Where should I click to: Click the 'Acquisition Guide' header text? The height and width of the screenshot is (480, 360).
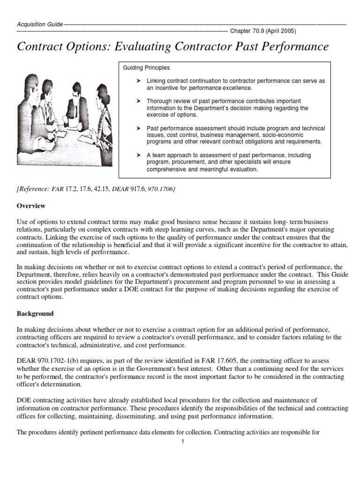coord(39,23)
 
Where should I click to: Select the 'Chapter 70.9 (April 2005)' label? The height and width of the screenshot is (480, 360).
coord(262,31)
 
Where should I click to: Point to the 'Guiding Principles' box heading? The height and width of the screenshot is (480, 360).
coord(146,68)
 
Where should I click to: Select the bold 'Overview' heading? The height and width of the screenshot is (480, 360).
coord(31,205)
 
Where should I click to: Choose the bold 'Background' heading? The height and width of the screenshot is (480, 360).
coord(35,313)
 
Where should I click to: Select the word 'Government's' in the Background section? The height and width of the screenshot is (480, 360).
coord(161,368)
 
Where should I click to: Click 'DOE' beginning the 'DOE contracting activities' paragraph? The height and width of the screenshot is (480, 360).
coord(24,400)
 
